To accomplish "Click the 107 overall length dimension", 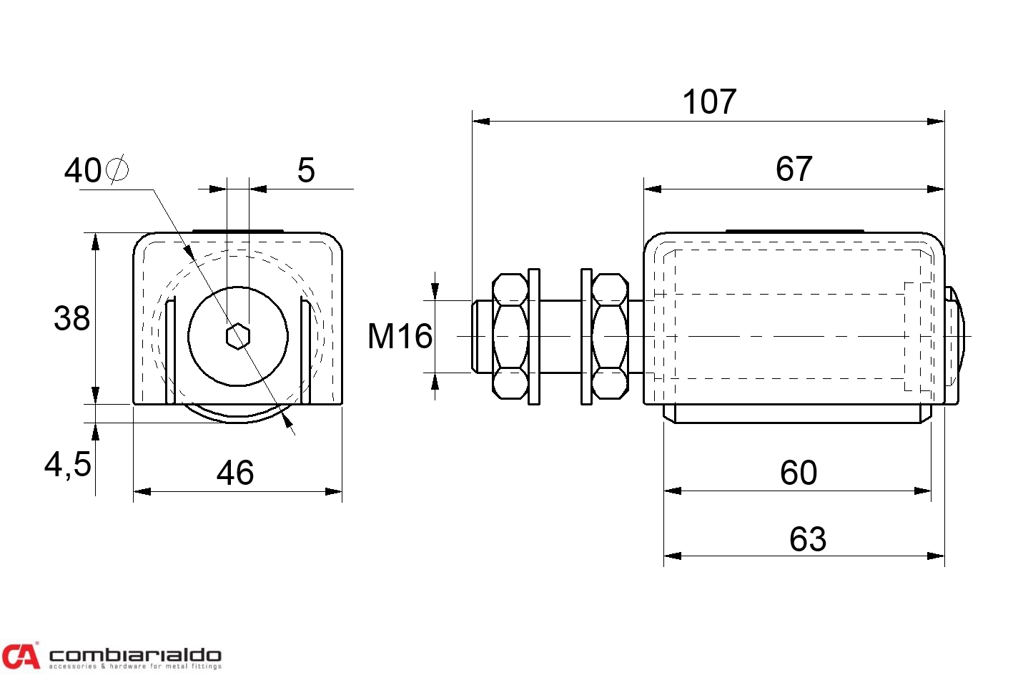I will pyautogui.click(x=709, y=102).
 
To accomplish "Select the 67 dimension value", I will pyautogui.click(x=794, y=169).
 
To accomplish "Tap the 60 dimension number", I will pyautogui.click(x=798, y=473).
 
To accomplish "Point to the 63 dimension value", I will pyautogui.click(x=807, y=539).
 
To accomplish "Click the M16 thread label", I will pyautogui.click(x=400, y=336).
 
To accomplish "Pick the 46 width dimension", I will pyautogui.click(x=235, y=473).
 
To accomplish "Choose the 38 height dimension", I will pyautogui.click(x=71, y=318).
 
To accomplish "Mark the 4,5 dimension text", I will pyautogui.click(x=68, y=465).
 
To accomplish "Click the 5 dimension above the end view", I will pyautogui.click(x=306, y=171).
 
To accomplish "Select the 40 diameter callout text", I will pyautogui.click(x=83, y=171).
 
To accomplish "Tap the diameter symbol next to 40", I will pyautogui.click(x=117, y=169).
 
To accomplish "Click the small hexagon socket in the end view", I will pyautogui.click(x=237, y=336).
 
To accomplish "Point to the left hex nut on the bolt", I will pyautogui.click(x=510, y=336).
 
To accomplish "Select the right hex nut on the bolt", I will pyautogui.click(x=610, y=336).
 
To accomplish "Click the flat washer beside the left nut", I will pyautogui.click(x=534, y=336).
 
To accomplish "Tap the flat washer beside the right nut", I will pyautogui.click(x=586, y=336).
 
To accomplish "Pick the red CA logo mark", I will pyautogui.click(x=20, y=655).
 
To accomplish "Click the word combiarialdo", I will pyautogui.click(x=134, y=654).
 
